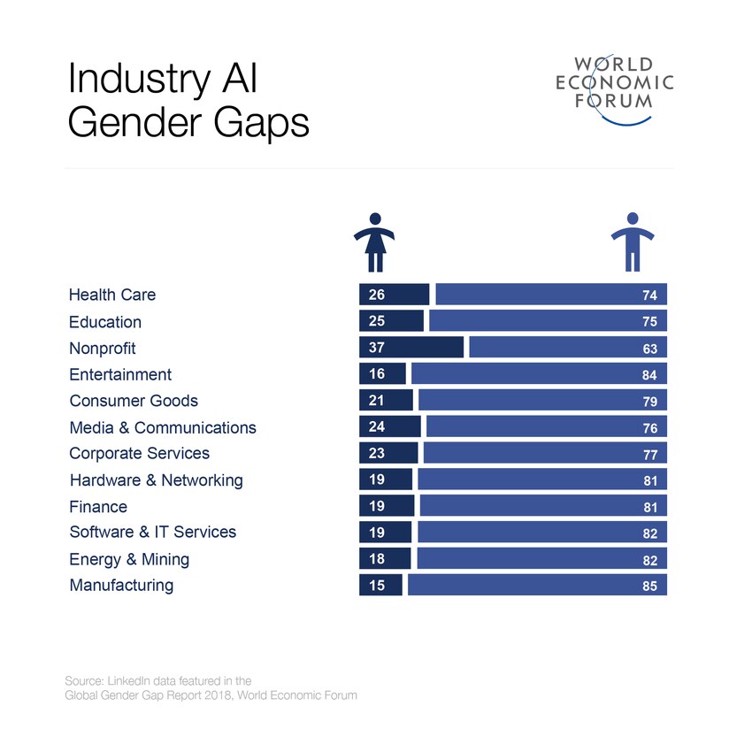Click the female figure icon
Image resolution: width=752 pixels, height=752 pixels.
click(374, 242)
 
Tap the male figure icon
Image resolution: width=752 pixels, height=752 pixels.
click(632, 242)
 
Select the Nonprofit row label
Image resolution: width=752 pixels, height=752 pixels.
click(102, 348)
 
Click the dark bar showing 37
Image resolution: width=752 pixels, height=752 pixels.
click(411, 348)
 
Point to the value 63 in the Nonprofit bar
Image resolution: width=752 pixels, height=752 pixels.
click(649, 349)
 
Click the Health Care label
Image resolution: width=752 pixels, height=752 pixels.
click(111, 295)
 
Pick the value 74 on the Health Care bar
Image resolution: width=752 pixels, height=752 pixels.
click(649, 295)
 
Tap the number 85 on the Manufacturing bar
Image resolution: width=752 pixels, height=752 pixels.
click(649, 586)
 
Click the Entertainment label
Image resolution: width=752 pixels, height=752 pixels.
click(120, 374)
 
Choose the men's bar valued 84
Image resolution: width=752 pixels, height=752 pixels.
click(538, 374)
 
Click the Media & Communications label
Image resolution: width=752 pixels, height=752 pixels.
click(163, 427)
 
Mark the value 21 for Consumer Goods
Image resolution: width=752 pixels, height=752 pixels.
click(376, 401)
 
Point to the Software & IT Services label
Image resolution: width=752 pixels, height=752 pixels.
click(152, 532)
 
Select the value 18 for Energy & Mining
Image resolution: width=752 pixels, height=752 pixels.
click(376, 558)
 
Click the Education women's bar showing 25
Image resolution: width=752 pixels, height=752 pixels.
click(391, 321)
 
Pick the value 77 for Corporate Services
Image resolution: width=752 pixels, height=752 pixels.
click(649, 455)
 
